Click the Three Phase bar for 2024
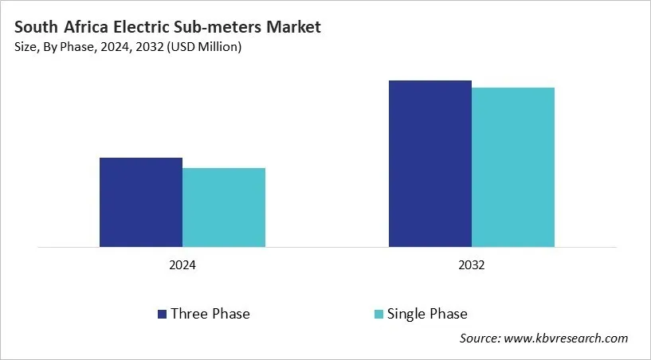click(141, 202)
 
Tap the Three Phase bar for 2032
click(430, 163)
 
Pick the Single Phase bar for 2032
click(513, 167)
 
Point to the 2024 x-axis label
click(182, 265)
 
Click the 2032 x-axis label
click(472, 265)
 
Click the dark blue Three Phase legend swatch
click(162, 314)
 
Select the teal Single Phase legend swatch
click(378, 314)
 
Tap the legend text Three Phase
click(210, 314)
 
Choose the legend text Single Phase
click(427, 314)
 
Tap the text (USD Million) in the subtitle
click(205, 48)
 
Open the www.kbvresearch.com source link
click(567, 338)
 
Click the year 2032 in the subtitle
click(151, 48)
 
